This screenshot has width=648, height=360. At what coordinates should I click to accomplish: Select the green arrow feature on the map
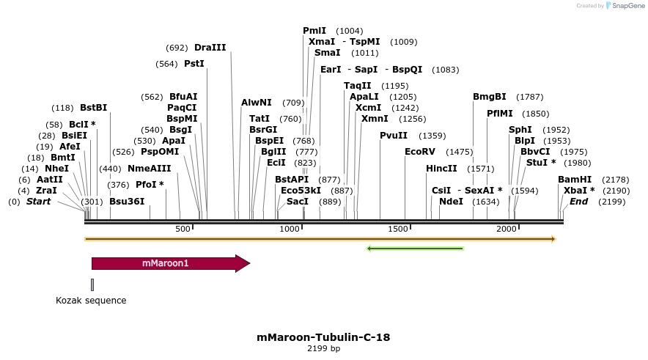point(415,249)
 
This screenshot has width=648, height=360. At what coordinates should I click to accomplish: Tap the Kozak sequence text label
point(91,301)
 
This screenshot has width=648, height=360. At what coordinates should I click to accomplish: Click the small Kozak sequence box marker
point(92,284)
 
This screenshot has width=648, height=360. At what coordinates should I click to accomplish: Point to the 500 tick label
point(183,229)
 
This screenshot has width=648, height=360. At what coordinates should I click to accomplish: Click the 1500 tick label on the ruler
point(398,229)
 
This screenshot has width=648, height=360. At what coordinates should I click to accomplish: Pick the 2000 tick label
point(507,229)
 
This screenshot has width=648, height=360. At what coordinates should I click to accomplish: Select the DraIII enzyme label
point(210,48)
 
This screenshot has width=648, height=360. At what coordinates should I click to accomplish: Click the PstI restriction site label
point(194,64)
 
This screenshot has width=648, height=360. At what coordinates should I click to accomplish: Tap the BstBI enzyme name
point(94,108)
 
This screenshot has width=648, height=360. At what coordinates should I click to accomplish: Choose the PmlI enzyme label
point(314,31)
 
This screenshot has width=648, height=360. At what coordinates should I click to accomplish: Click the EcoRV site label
point(420,152)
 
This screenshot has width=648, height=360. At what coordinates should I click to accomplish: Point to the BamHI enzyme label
point(575,180)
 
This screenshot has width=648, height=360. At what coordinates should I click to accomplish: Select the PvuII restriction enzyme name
point(394,136)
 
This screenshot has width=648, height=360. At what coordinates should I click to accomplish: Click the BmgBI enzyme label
point(490,97)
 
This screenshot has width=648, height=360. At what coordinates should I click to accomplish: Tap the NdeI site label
point(451,202)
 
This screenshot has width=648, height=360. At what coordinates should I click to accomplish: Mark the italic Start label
point(39,202)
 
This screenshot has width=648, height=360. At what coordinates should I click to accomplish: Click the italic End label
point(579,202)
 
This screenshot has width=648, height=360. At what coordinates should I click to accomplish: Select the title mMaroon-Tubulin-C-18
point(323,338)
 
